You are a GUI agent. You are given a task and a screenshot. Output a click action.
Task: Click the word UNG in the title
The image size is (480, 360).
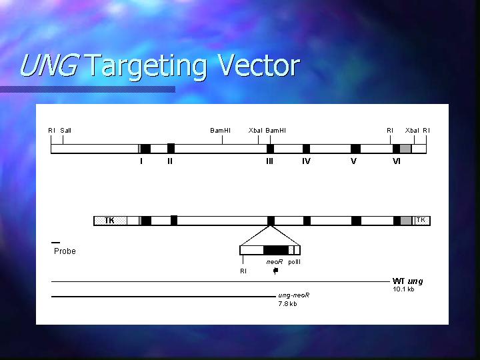[x=49, y=65]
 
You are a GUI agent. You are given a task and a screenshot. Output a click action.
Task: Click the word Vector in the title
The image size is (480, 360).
[x=259, y=65]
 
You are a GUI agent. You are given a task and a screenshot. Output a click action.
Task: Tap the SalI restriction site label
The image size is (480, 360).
[x=65, y=131]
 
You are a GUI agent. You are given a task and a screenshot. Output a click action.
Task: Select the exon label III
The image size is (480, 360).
[x=269, y=161]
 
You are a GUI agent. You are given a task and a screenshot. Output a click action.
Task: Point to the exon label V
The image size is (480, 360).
[x=353, y=161]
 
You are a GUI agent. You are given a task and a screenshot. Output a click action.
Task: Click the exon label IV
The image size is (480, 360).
[x=306, y=161]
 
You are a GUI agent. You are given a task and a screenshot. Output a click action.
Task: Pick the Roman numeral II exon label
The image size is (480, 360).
[x=170, y=161]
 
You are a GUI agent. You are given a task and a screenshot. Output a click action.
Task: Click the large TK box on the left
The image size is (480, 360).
[x=110, y=221]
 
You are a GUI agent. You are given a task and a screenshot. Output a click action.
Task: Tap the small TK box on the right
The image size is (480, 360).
[x=422, y=221]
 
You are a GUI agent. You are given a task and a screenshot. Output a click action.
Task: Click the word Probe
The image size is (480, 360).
[x=65, y=251]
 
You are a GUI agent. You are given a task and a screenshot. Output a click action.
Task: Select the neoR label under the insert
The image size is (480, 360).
[x=274, y=262]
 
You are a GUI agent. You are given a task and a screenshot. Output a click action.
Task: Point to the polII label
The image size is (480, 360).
[x=294, y=262]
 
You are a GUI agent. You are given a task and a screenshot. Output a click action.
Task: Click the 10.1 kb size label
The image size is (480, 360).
[x=403, y=289]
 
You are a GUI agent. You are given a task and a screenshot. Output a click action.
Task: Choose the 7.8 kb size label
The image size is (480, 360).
[x=287, y=304]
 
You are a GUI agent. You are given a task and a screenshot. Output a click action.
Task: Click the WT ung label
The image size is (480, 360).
[x=407, y=281]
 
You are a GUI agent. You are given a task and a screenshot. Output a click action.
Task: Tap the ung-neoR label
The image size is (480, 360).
[x=293, y=295]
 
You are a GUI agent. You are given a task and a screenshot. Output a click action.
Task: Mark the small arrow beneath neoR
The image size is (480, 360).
[x=275, y=271]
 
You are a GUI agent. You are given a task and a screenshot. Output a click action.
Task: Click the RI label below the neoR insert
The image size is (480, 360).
[x=243, y=271]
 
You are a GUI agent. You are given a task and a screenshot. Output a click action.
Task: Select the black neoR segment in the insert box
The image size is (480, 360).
[x=276, y=250]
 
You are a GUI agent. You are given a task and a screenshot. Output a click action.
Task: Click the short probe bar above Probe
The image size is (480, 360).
[x=56, y=243]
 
